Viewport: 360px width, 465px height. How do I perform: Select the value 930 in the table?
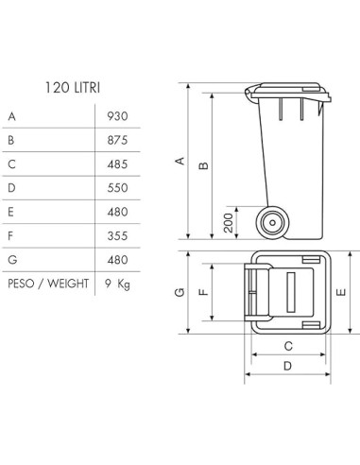pyautogui.click(x=117, y=117)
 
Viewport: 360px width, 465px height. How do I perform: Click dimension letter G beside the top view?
pyautogui.click(x=180, y=293)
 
